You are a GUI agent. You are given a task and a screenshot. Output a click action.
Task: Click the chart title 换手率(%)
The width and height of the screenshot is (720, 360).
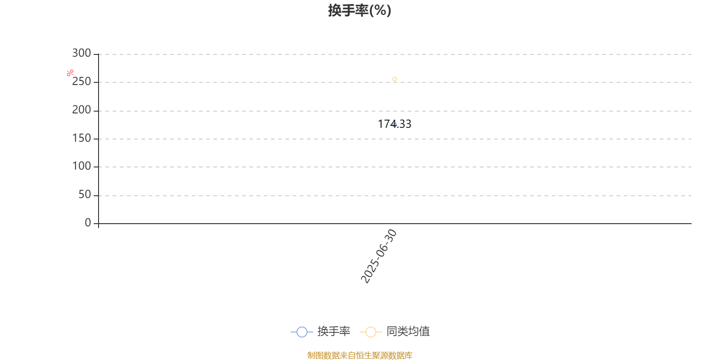tap(360, 10)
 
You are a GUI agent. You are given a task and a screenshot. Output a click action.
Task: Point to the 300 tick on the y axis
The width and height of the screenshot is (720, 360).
tap(81, 53)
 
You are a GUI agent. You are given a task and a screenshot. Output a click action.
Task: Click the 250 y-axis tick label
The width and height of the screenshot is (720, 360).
tap(81, 81)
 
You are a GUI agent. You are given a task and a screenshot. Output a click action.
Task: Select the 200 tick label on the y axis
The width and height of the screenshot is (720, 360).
tap(81, 110)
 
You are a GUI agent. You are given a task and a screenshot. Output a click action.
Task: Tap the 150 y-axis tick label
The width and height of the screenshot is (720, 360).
tap(81, 138)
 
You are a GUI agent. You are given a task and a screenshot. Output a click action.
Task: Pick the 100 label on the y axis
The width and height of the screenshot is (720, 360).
tap(81, 166)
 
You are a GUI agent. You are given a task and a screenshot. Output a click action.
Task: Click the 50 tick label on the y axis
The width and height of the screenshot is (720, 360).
tap(85, 194)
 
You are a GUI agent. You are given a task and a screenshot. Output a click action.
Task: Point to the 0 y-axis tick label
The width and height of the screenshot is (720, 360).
tap(88, 222)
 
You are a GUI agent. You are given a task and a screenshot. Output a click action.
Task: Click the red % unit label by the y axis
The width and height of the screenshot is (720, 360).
tap(70, 73)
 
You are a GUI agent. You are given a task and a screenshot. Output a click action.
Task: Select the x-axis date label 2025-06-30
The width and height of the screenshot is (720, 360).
tap(378, 256)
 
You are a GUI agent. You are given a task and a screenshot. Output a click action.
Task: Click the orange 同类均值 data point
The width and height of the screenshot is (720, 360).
tap(395, 79)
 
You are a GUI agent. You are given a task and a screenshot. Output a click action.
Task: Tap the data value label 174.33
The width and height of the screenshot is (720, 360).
tap(394, 124)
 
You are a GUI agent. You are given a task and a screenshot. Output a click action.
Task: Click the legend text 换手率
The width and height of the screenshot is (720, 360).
tap(333, 331)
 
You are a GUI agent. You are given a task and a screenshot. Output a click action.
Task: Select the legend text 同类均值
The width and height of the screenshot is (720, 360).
tap(408, 331)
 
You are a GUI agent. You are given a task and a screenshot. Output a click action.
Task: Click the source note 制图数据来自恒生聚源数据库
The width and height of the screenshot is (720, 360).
tap(360, 355)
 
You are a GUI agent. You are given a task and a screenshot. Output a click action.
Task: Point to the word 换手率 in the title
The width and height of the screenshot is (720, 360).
tap(348, 10)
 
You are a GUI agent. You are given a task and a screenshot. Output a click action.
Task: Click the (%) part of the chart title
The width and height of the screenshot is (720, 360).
tap(380, 11)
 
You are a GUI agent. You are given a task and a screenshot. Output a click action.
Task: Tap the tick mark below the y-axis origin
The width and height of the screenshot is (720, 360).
tap(99, 225)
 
